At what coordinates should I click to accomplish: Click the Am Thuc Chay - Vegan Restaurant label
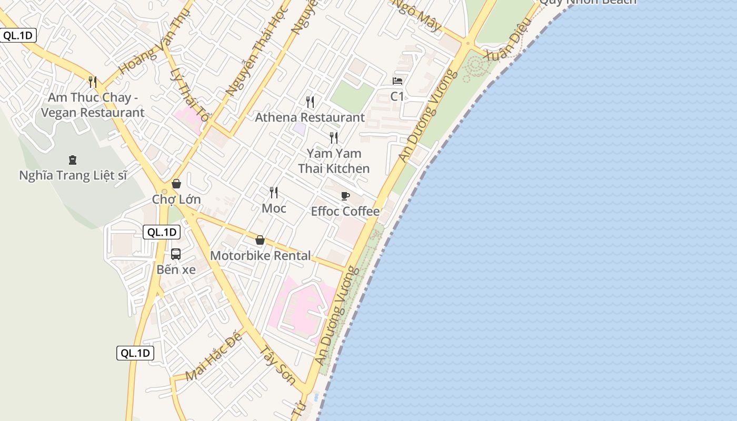pos(93,105)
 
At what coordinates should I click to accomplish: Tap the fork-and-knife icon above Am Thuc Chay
pos(93,82)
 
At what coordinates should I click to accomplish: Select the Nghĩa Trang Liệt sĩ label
pos(73,175)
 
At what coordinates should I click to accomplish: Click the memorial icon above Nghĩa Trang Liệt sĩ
pos(73,160)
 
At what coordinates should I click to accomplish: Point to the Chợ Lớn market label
pos(176,199)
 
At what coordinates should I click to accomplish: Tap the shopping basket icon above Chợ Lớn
pos(176,184)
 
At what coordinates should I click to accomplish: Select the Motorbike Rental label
pos(260,256)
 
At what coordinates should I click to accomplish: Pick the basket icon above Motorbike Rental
pos(260,240)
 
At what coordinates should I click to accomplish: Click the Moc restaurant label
pos(274,208)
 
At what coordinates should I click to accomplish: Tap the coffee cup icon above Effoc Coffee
pos(345,196)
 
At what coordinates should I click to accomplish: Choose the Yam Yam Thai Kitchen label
pos(334,161)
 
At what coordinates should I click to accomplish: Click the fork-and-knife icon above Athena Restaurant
pos(310,102)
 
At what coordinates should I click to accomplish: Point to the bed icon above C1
pos(397,81)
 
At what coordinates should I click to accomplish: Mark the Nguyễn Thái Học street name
pos(257,51)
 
